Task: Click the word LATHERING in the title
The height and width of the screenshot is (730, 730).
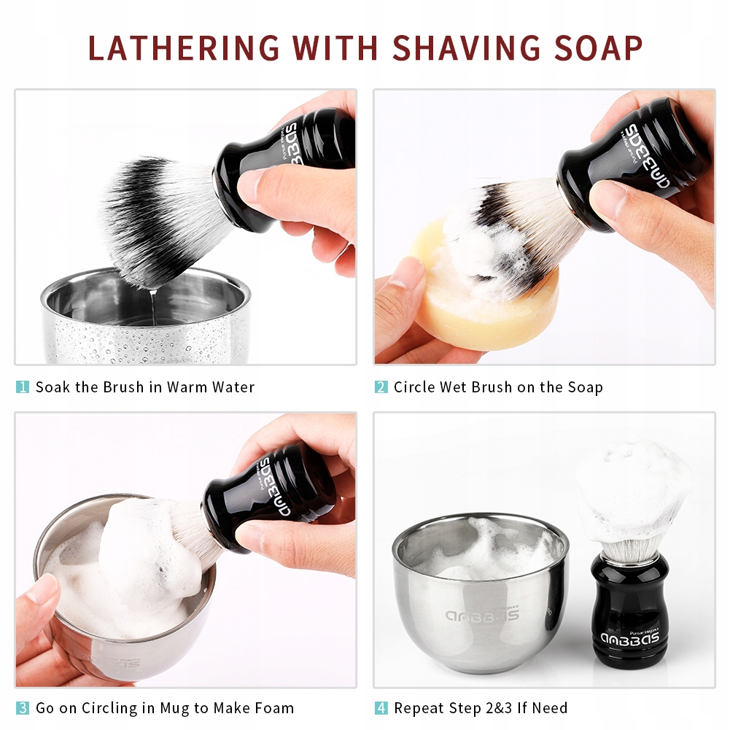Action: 184,47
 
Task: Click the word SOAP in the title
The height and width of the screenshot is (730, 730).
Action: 599,47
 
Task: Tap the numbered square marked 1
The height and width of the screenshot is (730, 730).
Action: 23,387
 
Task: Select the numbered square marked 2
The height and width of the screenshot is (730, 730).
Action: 381,387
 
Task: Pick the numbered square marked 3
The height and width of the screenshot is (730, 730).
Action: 23,708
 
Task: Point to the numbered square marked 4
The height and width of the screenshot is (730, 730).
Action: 381,708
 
